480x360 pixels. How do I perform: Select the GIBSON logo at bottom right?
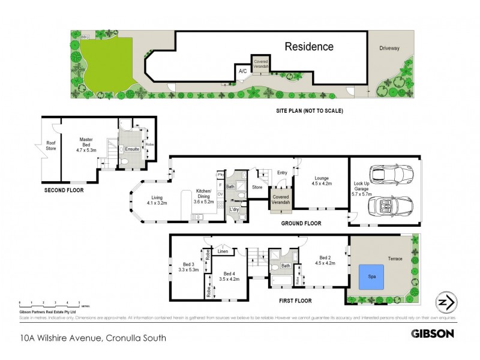coord(432,333)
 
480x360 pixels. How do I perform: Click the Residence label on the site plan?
coord(308,46)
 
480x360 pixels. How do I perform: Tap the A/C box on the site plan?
coord(243,71)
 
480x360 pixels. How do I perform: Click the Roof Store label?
coord(51,146)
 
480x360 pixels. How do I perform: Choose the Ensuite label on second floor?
coord(132,148)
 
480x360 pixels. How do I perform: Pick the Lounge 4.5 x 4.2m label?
coord(320,181)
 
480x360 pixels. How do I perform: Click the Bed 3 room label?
coord(188,267)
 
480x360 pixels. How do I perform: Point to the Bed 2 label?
coord(323,259)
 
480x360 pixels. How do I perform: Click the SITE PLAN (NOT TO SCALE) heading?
coord(309,110)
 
